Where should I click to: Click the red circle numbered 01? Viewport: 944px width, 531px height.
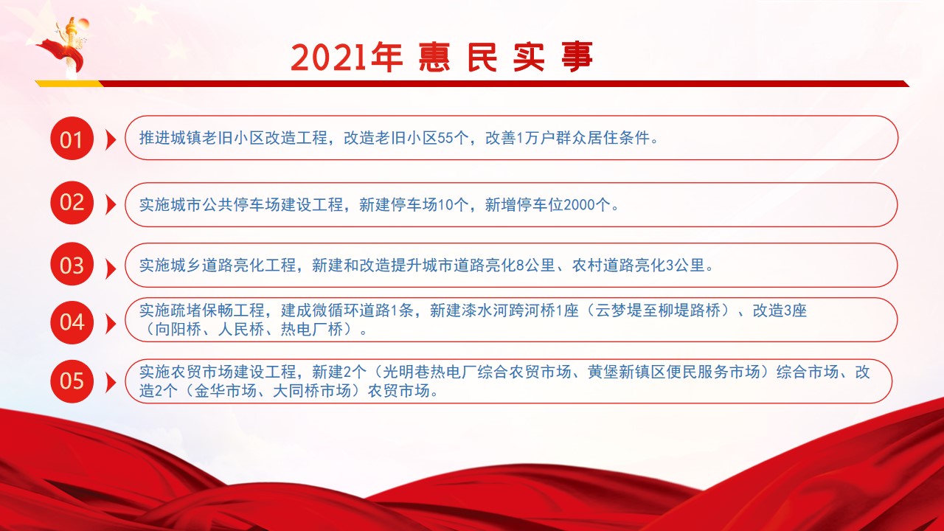pos(72,138)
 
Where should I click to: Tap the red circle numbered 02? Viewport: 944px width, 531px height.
pos(72,203)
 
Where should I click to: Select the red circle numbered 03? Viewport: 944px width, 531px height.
pos(72,264)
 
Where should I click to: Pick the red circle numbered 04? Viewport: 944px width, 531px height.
pos(72,322)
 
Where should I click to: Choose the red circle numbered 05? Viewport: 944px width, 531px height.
pos(72,381)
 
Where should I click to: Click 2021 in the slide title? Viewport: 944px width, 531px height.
pos(328,58)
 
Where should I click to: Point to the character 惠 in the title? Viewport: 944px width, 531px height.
pos(434,57)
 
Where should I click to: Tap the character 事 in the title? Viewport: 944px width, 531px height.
pos(577,57)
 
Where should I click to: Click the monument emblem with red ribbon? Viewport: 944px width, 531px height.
pos(66,47)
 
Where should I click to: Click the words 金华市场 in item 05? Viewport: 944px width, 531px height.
pos(225,391)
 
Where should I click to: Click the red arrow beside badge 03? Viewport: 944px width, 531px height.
pos(111,269)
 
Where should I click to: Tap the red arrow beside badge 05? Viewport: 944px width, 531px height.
pos(111,383)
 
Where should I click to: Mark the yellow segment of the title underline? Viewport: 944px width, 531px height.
pos(69,83)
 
